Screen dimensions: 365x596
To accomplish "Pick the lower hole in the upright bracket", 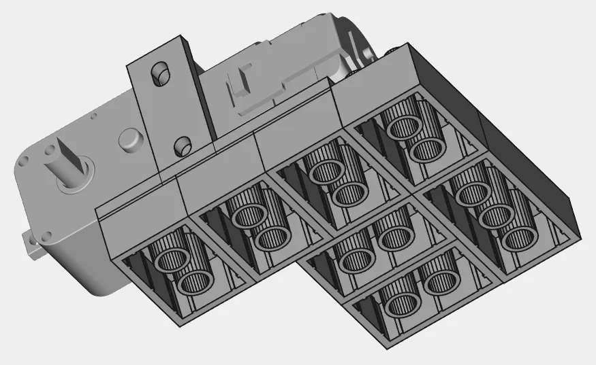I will [182, 144].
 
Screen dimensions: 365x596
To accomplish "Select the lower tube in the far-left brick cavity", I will [197, 281].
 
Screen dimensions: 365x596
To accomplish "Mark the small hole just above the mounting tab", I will [47, 235].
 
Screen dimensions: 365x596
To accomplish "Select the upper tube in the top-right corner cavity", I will [401, 127].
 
